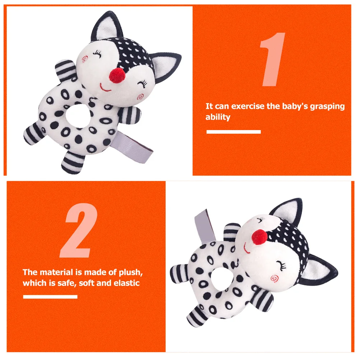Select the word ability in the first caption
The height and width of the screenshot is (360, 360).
point(218,117)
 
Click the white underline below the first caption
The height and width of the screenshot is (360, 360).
point(234,132)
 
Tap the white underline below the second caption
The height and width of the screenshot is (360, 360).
point(50,297)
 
